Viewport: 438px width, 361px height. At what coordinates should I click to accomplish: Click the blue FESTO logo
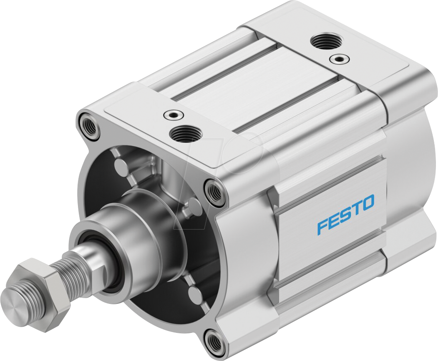pos(346,214)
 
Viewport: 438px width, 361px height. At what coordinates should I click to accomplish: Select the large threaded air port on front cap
pos(185,134)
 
